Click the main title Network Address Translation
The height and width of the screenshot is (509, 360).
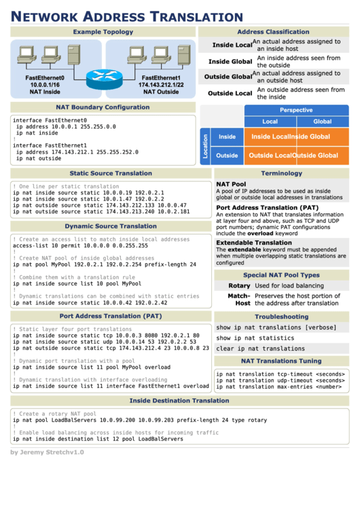tap(127, 17)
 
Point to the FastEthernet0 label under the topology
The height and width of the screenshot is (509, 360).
tap(45, 78)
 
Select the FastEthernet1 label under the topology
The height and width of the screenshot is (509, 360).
tap(160, 78)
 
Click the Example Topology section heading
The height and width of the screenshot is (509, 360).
tap(103, 32)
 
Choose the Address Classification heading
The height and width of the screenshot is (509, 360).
tap(273, 32)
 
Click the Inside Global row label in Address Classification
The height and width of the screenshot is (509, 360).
tap(230, 62)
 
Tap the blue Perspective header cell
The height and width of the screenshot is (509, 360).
tap(296, 110)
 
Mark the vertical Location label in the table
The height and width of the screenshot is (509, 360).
tap(205, 146)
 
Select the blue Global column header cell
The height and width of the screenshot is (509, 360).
tap(323, 122)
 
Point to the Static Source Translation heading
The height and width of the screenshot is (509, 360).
tap(111, 173)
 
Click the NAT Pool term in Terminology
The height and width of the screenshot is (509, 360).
tap(231, 184)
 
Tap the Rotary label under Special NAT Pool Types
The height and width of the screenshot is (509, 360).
tap(239, 286)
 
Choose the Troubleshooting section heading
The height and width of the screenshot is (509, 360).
tap(281, 317)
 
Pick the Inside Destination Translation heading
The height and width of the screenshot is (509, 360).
tap(179, 401)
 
